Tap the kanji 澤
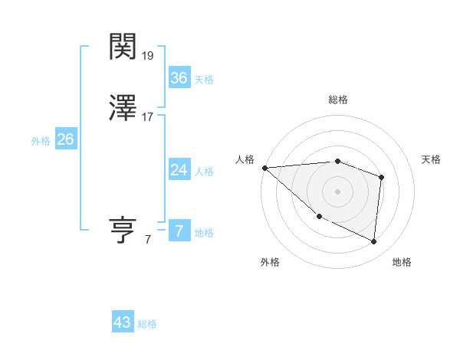[x=124, y=110]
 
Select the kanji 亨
[x=124, y=231]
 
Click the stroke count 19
[x=149, y=56]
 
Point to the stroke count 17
[x=148, y=117]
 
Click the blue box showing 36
[x=179, y=78]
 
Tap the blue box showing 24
[x=179, y=170]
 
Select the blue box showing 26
[x=65, y=139]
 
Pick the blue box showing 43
[x=123, y=322]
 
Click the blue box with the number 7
[x=179, y=231]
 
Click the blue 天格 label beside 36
[x=204, y=80]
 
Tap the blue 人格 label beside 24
[x=204, y=172]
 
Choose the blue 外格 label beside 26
[x=41, y=141]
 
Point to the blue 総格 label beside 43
[x=147, y=324]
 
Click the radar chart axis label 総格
[x=338, y=100]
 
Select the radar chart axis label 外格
[x=270, y=262]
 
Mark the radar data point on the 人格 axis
[x=264, y=168]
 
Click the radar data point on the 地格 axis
[x=373, y=241]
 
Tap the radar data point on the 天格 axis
[x=381, y=178]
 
